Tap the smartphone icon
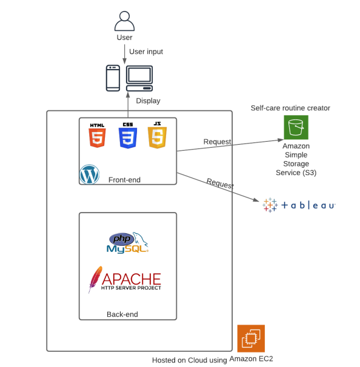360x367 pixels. coord(113,78)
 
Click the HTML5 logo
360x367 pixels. coord(97,136)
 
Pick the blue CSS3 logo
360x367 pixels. coord(127,136)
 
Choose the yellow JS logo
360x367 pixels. coord(157,136)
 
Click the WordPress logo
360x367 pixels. coord(90,174)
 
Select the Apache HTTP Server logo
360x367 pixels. coord(125,280)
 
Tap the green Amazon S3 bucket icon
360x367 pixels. coord(296,127)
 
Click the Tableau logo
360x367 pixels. coord(299,205)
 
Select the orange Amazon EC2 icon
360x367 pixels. coord(251,339)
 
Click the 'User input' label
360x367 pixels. coord(146,51)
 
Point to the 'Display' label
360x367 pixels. coord(148,101)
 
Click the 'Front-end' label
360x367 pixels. coord(125,180)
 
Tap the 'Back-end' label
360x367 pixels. coord(123,314)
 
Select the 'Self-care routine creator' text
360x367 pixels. coord(290,108)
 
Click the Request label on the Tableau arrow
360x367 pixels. coord(220,183)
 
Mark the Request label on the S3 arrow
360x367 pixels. coord(217,142)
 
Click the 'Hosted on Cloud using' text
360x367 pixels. coord(189,359)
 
